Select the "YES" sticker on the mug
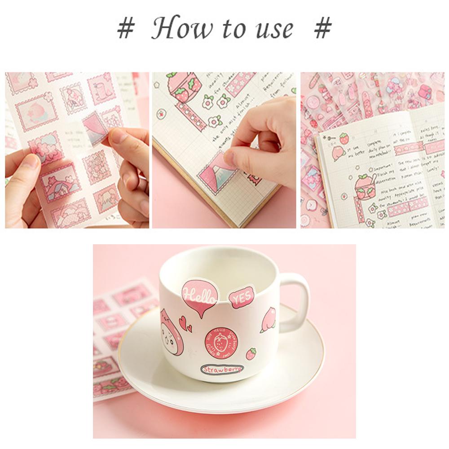tap(242, 297)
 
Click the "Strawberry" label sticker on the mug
tap(222, 369)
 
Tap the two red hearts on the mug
tap(185, 323)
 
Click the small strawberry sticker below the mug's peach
tap(251, 354)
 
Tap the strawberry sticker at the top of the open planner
tap(344, 138)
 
